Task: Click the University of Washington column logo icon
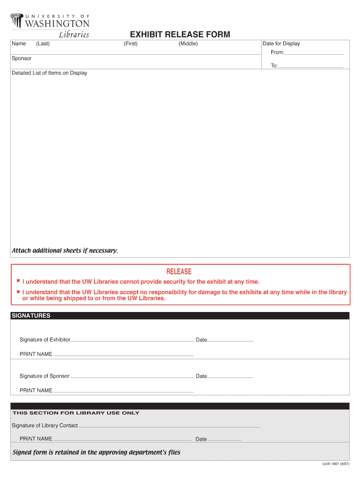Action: click(17, 21)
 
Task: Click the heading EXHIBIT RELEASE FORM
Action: click(180, 35)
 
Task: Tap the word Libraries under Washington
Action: click(73, 35)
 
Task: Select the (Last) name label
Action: click(43, 44)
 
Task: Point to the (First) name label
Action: click(130, 44)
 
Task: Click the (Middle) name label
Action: click(188, 44)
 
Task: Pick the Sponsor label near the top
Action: click(22, 58)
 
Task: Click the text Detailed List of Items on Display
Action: click(49, 73)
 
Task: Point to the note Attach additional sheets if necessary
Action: click(65, 251)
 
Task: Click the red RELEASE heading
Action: click(179, 272)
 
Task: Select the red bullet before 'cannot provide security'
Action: click(18, 281)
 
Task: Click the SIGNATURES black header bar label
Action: click(31, 316)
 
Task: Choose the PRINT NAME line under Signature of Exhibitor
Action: click(123, 356)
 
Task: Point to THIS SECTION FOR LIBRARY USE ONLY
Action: click(76, 413)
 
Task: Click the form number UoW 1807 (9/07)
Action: click(336, 464)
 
